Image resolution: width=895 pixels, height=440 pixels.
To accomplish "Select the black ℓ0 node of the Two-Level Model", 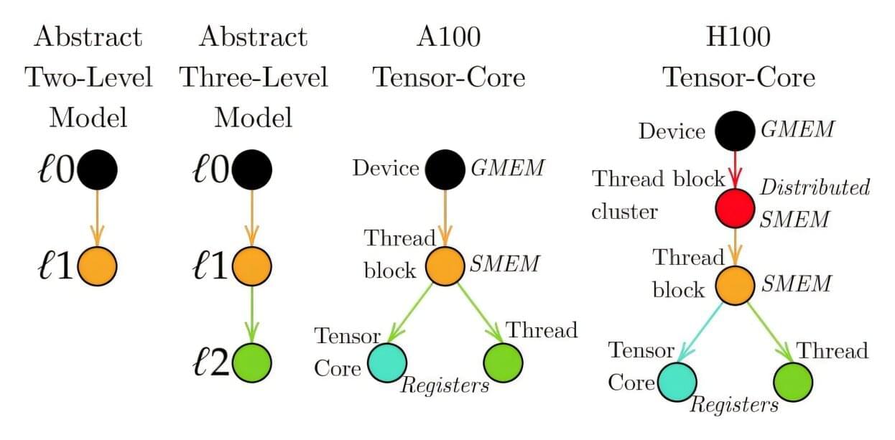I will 98,171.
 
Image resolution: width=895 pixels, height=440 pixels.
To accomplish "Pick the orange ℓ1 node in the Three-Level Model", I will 252,266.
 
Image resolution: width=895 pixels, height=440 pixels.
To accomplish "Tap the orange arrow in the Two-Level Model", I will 98,218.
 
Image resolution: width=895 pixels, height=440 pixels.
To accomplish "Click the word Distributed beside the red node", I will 815,188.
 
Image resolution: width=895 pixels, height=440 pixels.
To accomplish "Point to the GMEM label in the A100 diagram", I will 507,169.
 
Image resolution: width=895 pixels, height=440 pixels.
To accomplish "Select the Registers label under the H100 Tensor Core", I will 734,406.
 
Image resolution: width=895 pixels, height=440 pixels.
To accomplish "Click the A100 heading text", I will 448,36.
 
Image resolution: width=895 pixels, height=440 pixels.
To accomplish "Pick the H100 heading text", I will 739,36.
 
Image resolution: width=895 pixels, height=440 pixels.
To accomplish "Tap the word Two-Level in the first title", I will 89,76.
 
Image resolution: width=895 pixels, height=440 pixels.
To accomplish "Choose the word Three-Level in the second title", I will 254,76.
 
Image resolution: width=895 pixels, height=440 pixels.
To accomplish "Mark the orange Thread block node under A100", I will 445,266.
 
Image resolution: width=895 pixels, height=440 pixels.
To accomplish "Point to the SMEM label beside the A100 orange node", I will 504,264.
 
